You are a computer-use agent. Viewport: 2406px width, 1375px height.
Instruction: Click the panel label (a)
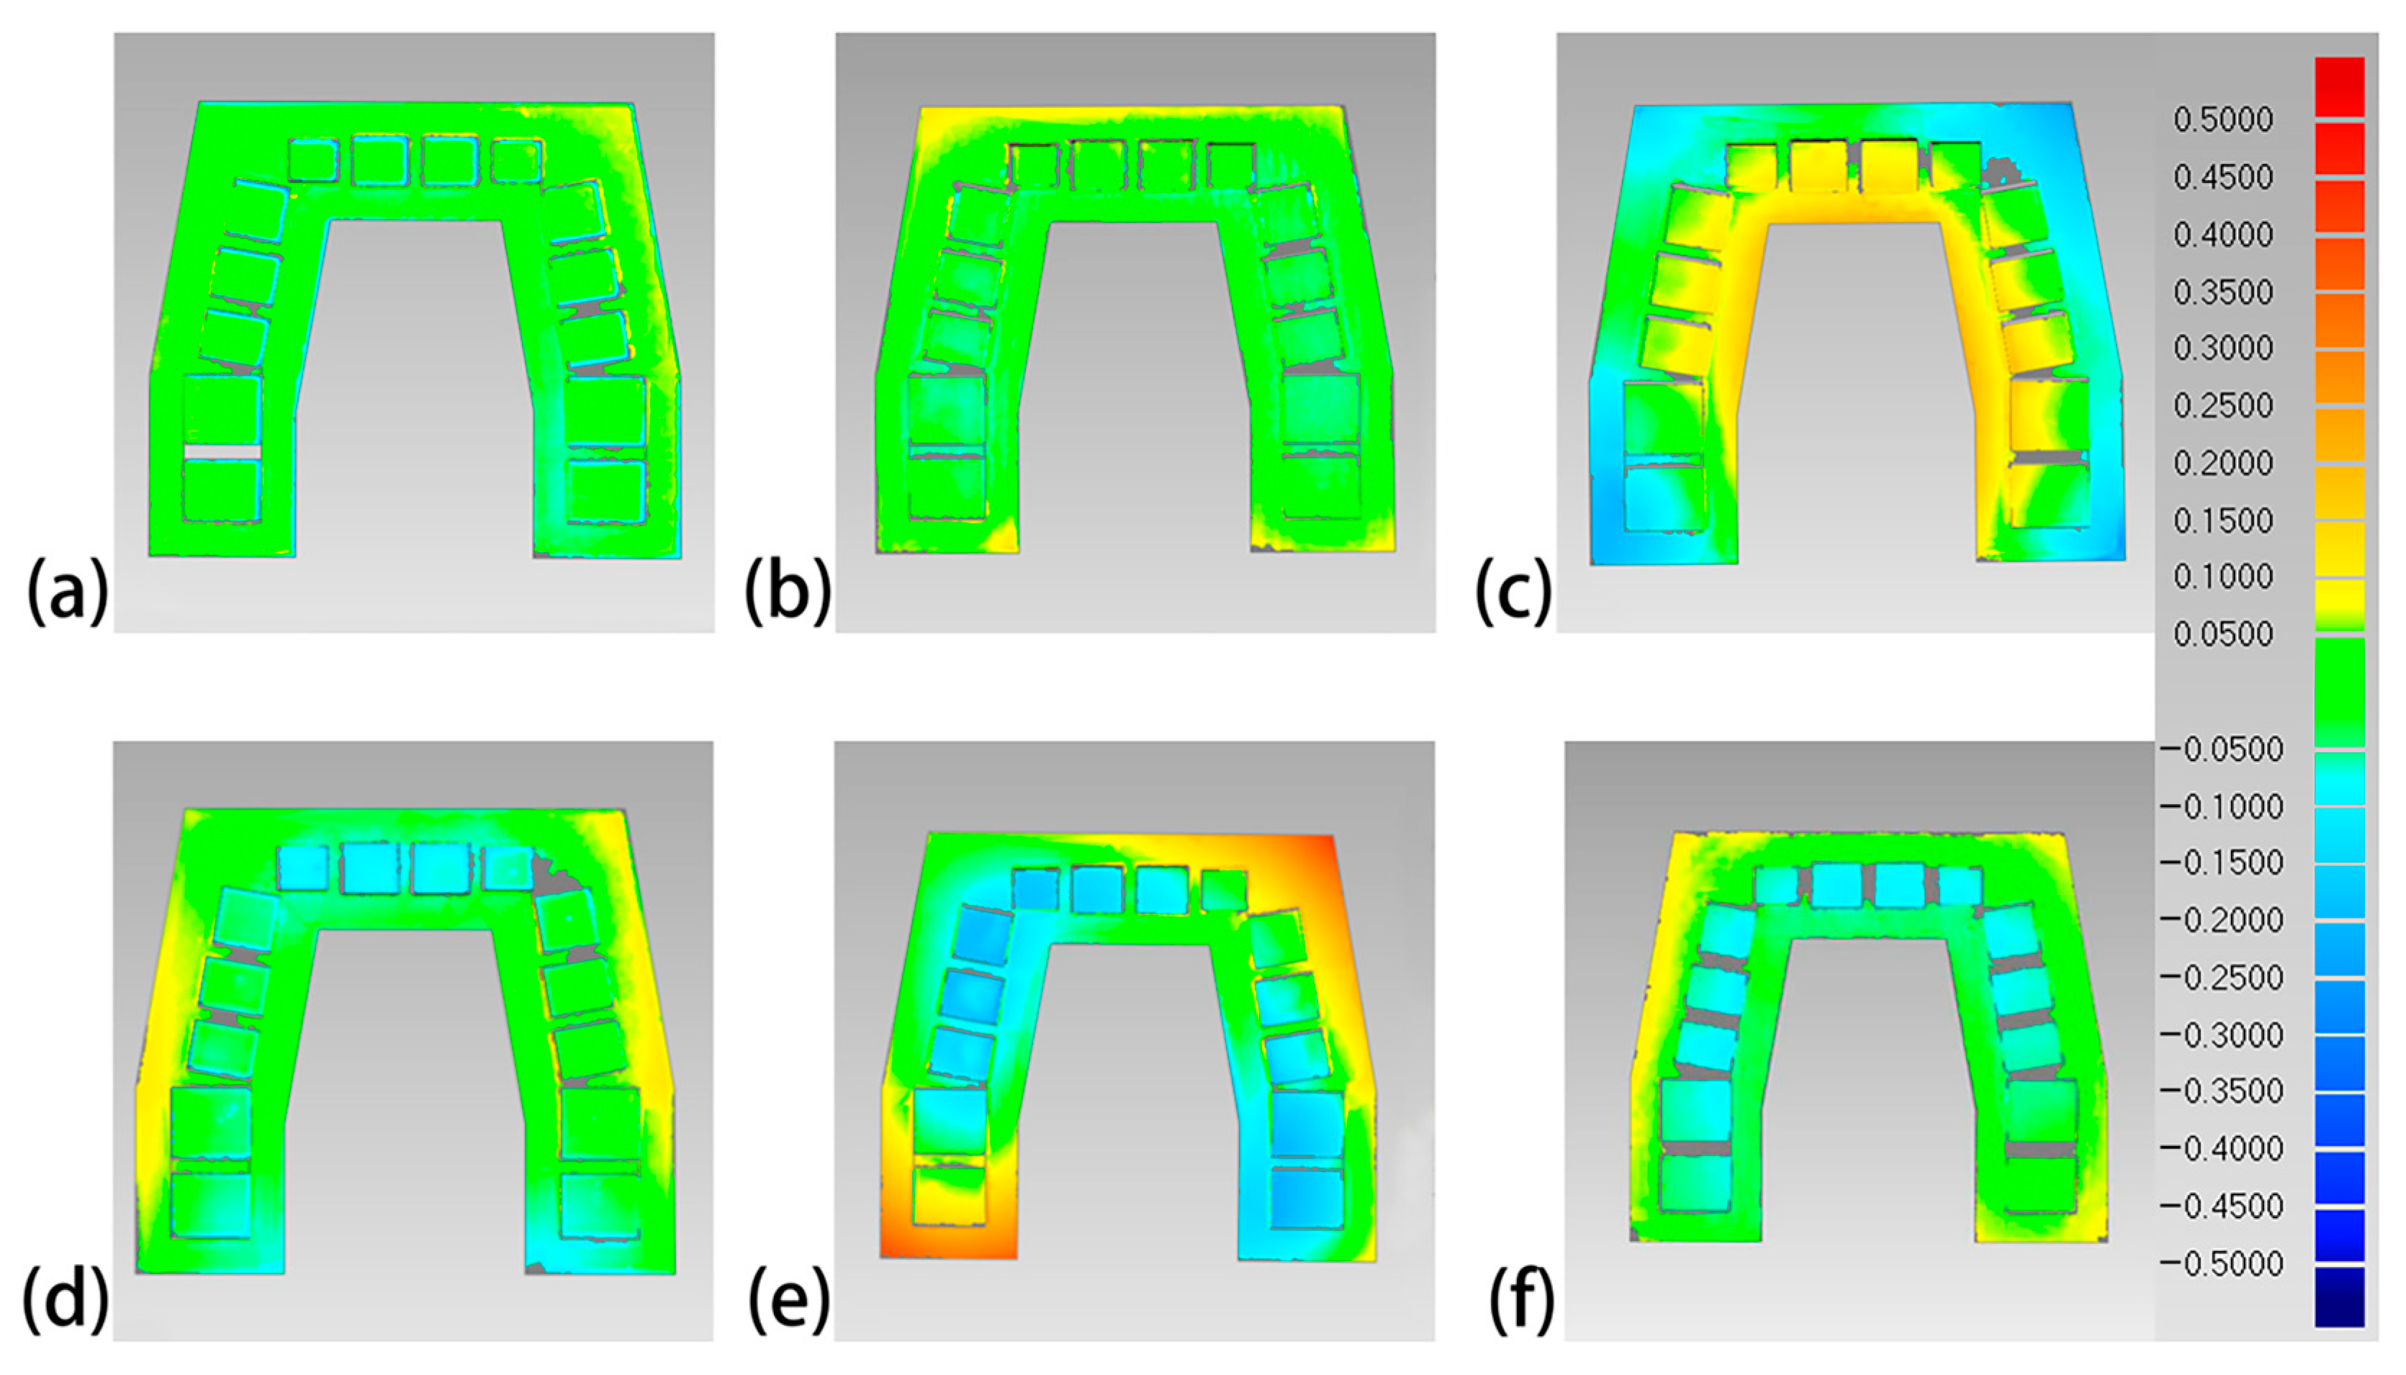tap(67, 590)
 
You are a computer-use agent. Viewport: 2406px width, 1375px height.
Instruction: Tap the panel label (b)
tap(788, 590)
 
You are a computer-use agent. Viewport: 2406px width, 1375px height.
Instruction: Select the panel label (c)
tap(1514, 591)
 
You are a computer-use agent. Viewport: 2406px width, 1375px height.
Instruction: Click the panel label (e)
tap(790, 1302)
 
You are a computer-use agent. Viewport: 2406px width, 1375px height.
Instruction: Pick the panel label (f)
tap(1521, 1302)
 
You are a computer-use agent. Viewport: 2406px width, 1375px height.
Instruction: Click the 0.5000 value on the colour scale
tap(2223, 120)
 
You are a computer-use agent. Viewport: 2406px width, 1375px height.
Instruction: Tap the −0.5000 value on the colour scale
tap(2220, 1263)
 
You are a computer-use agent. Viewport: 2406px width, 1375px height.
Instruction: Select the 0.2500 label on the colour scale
tap(2223, 406)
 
